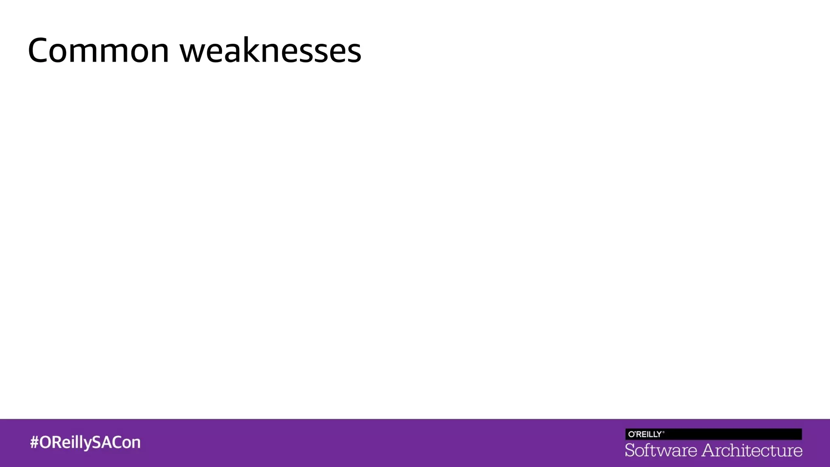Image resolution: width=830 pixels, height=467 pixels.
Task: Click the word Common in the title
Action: pyautogui.click(x=98, y=51)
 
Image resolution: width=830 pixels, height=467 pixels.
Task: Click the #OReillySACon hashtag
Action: pyautogui.click(x=85, y=442)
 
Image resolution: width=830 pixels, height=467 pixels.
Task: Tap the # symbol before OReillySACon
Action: pyautogui.click(x=34, y=442)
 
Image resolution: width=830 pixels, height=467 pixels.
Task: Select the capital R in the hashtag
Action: pyautogui.click(x=57, y=442)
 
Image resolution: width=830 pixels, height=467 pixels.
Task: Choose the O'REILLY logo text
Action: pyautogui.click(x=644, y=434)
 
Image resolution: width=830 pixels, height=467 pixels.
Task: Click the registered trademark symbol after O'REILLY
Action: pyautogui.click(x=663, y=432)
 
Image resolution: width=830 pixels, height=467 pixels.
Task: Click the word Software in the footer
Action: pyautogui.click(x=661, y=450)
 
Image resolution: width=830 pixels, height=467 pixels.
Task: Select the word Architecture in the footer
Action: pyautogui.click(x=752, y=450)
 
